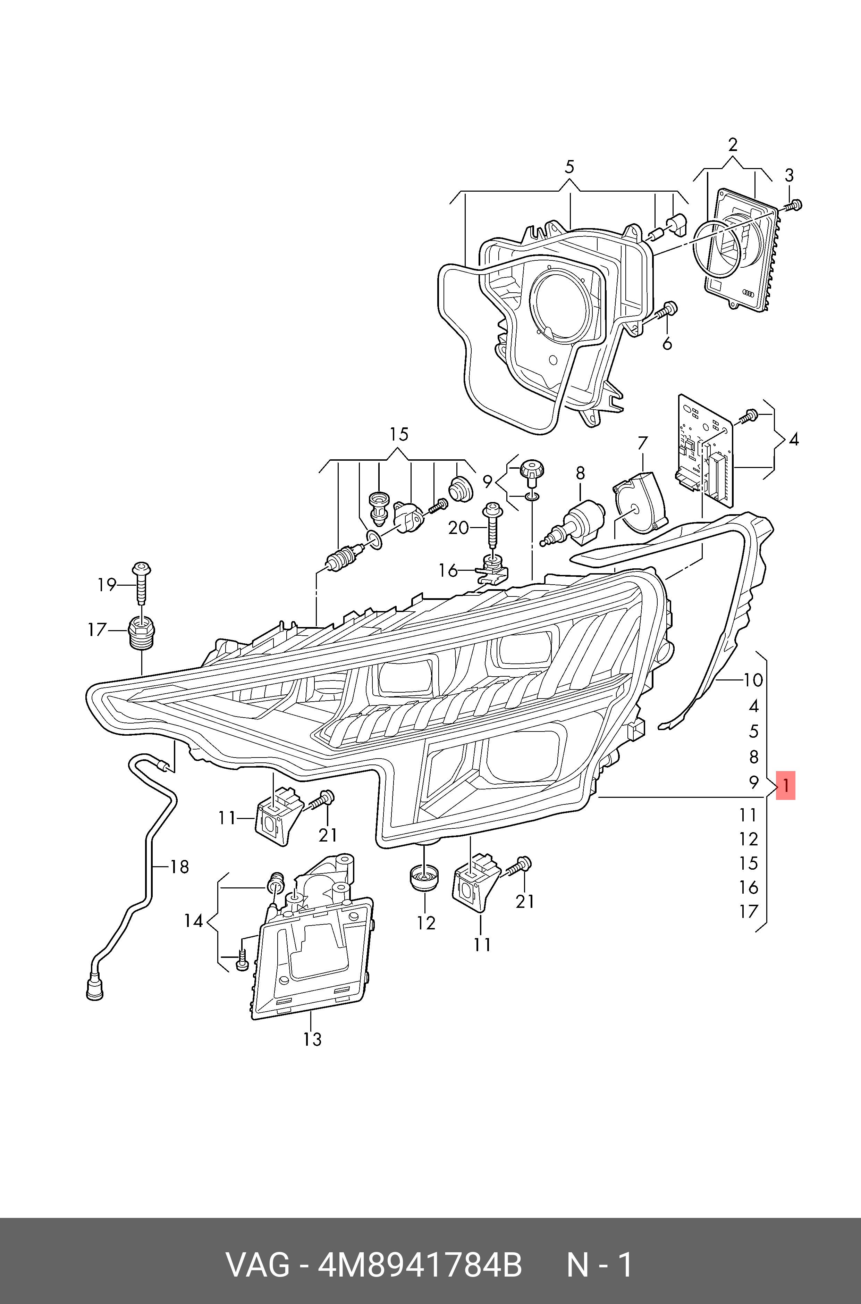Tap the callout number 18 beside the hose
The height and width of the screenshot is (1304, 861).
click(x=179, y=867)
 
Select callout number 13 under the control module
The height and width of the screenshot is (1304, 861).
click(x=312, y=1040)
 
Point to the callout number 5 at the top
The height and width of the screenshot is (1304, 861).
click(x=569, y=167)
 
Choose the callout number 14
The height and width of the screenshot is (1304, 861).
click(x=193, y=921)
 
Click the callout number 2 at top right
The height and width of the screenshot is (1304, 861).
click(x=733, y=145)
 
